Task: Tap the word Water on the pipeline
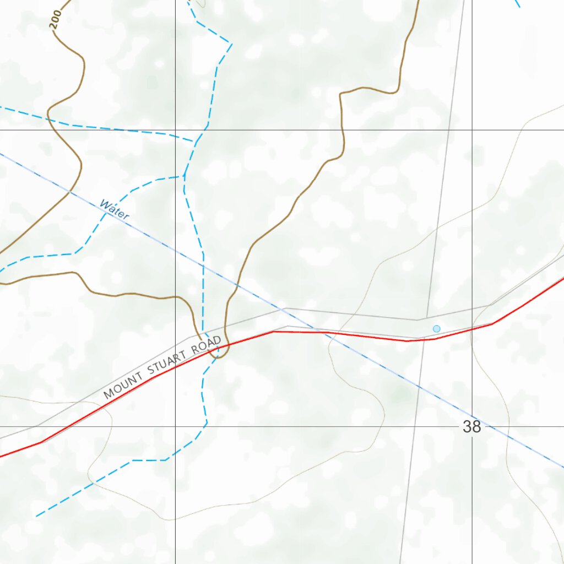(114, 210)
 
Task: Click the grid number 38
(472, 427)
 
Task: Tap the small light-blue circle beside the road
(437, 329)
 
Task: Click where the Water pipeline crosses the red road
(323, 332)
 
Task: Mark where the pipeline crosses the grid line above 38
(472, 417)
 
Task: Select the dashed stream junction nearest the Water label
(183, 176)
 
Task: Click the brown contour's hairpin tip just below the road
(218, 356)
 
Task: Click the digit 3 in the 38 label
(468, 427)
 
